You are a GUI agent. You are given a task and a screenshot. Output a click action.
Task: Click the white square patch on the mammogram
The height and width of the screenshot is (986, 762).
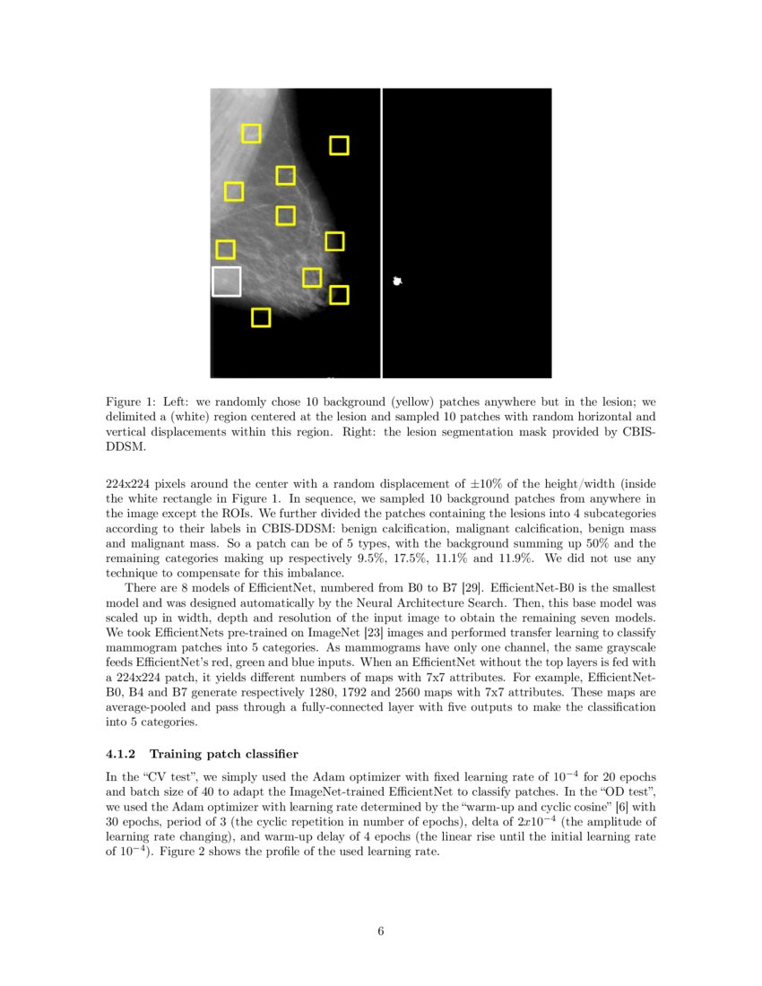tap(226, 281)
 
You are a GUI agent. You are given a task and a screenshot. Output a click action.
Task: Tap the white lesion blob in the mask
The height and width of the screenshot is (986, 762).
tap(397, 281)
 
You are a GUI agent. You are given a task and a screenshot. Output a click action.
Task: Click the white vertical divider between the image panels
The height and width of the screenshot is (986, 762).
tap(382, 233)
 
